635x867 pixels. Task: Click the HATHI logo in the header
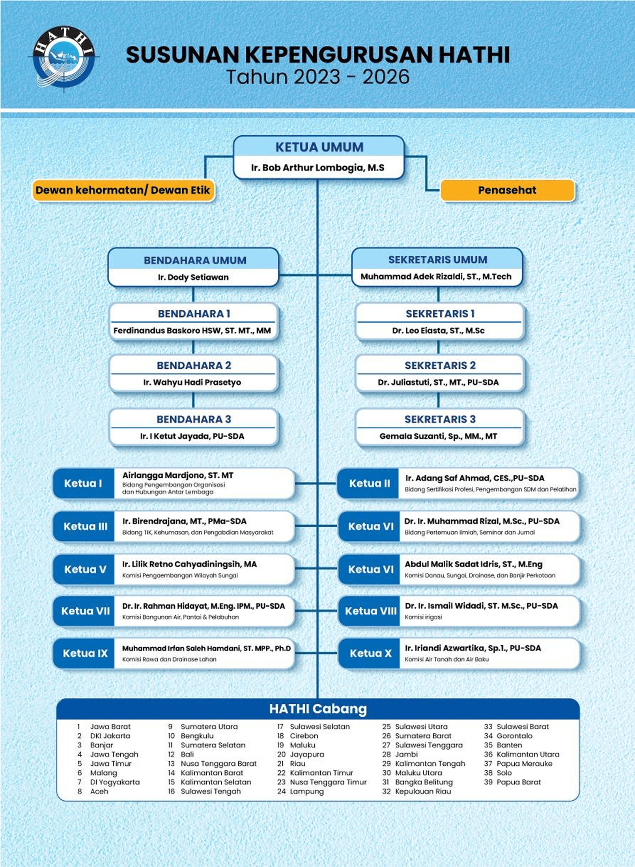pos(64,59)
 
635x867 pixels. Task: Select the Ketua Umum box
pos(319,157)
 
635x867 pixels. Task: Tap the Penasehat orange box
pos(507,190)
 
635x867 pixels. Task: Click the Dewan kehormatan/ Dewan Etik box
pos(123,190)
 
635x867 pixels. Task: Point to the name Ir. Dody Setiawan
pos(193,277)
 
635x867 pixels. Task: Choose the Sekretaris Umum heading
pos(437,260)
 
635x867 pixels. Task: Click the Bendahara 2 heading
pos(194,365)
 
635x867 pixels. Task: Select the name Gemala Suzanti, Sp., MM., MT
pos(438,436)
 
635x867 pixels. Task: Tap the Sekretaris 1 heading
pos(440,314)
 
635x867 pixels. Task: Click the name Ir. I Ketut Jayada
pos(192,436)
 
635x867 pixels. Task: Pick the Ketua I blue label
pos(83,483)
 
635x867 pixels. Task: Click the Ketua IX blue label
pos(85,653)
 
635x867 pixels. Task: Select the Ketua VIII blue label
pos(370,611)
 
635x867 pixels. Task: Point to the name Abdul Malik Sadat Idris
pos(473,564)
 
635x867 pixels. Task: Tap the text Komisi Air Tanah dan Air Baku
pos(446,659)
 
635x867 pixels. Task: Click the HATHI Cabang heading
pos(318,709)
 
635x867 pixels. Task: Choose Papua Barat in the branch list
pos(518,782)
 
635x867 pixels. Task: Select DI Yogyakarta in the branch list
pos(115,782)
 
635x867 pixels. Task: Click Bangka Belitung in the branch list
pos(424,782)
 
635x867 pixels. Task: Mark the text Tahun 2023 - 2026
pos(318,77)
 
